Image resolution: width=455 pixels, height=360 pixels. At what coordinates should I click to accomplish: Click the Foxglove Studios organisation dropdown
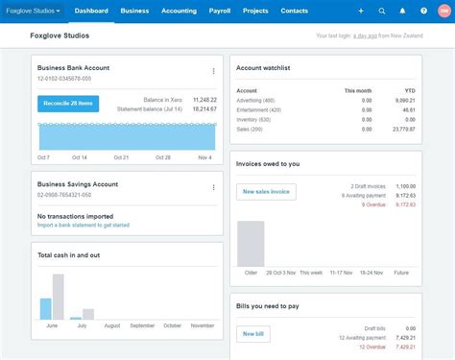pos(34,11)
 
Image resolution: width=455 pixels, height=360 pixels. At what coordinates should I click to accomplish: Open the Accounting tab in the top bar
pos(179,11)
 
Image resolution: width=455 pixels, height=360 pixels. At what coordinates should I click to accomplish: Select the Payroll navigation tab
pos(219,11)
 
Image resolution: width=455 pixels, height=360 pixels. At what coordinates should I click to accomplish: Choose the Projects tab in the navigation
pos(255,11)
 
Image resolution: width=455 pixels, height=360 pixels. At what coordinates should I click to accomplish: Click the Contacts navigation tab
pos(294,11)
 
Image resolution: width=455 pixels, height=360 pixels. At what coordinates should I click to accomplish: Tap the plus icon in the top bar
pos(361,11)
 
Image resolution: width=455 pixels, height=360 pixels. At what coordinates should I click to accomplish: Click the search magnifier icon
pos(382,11)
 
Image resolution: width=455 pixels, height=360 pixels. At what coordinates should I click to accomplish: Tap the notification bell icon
pos(402,11)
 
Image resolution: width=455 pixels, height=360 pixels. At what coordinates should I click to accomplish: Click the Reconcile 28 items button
pos(68,104)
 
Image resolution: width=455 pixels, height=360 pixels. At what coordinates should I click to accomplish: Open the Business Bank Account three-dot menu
pos(213,71)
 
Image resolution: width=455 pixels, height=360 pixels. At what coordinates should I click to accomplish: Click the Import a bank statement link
pos(84,225)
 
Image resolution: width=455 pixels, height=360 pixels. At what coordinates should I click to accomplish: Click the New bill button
pos(252,333)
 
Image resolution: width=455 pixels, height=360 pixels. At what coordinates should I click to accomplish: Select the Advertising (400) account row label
pos(255,100)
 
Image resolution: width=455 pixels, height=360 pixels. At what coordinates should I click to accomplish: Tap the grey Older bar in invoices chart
pos(251,244)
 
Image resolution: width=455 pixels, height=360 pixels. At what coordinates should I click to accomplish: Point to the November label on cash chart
pos(202,325)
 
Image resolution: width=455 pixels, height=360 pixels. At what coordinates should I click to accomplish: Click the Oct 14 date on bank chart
pos(79,156)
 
